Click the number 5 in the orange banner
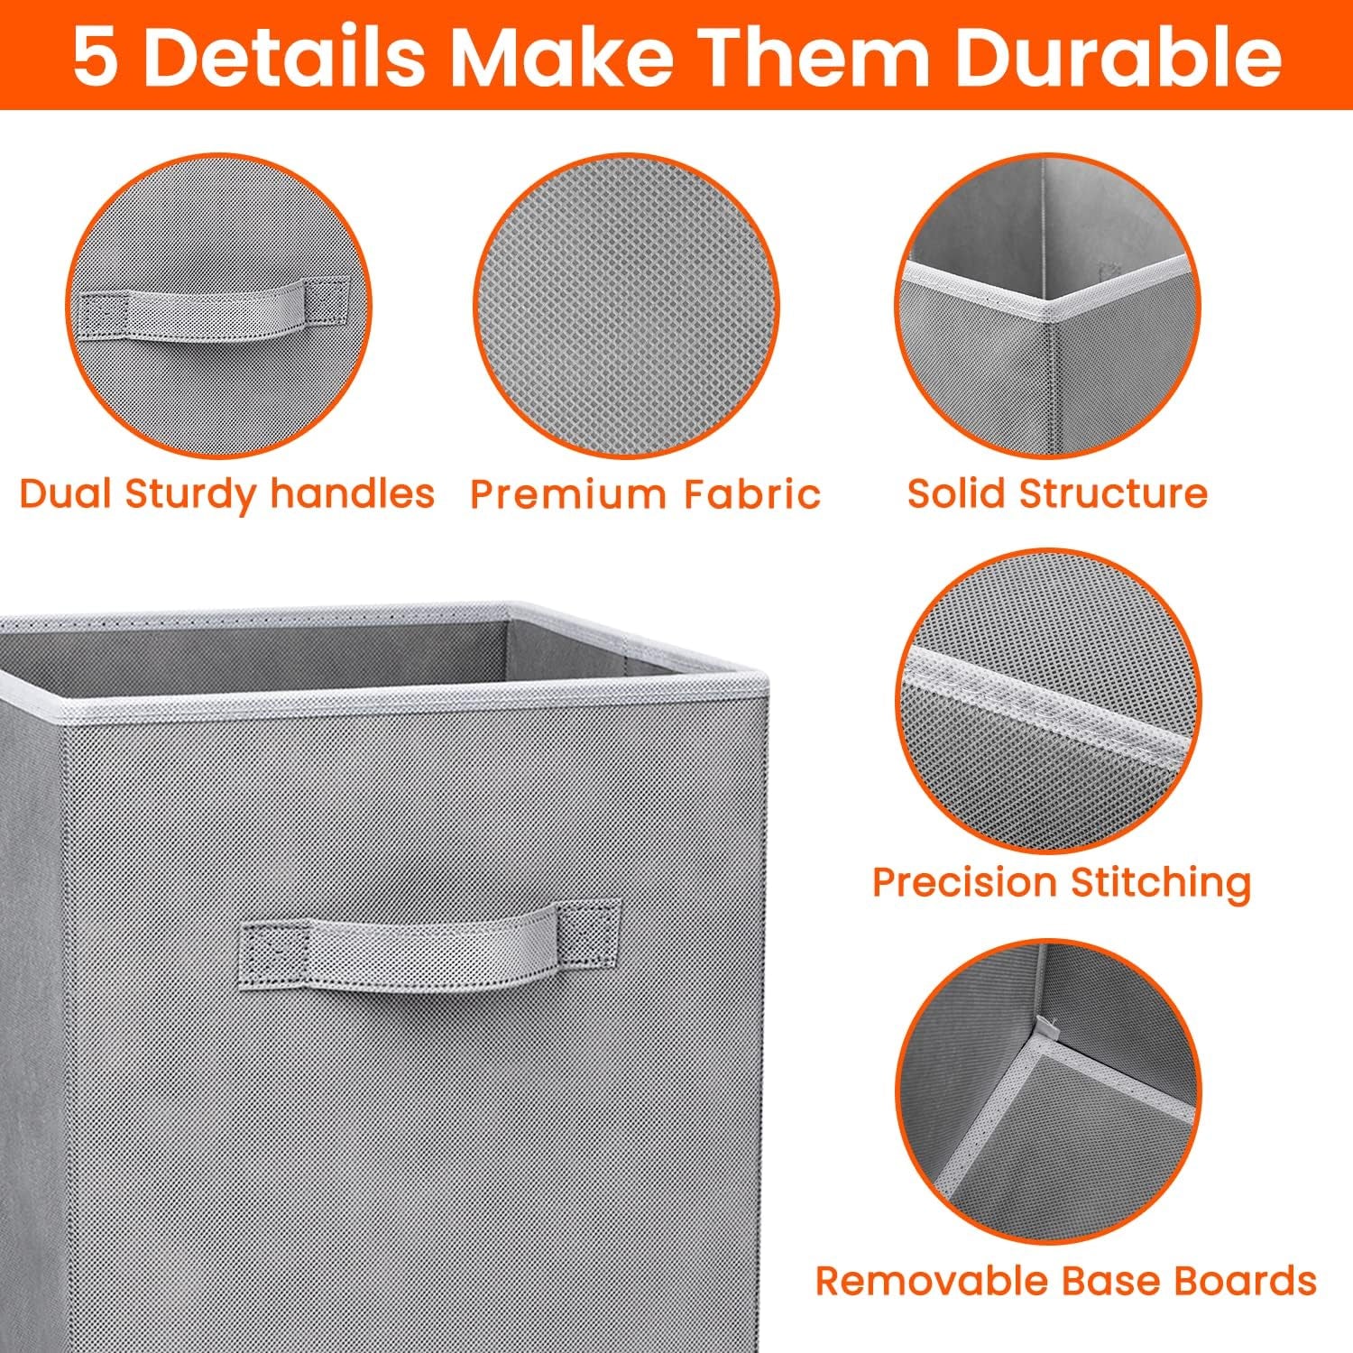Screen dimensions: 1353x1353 click(95, 56)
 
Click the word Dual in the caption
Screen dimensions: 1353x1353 click(65, 493)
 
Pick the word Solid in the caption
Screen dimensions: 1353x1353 click(955, 493)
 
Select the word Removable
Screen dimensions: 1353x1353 click(931, 1280)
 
